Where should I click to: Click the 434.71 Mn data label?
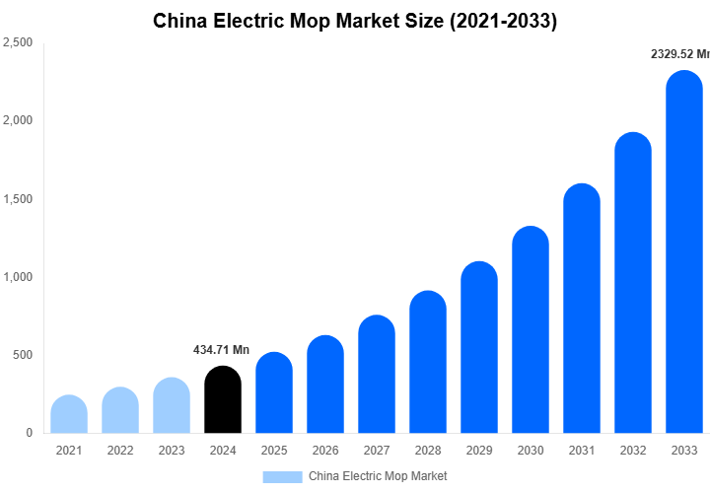[x=221, y=350]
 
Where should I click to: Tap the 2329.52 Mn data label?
[x=679, y=54]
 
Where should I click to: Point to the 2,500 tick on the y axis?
[x=17, y=42]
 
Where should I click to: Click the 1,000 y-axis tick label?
[x=17, y=277]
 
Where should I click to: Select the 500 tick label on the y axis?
[x=22, y=355]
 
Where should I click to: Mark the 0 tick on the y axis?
[x=29, y=433]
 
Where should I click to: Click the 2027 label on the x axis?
[x=376, y=451]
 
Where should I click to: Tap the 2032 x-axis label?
[x=632, y=451]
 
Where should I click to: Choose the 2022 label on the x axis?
[x=119, y=451]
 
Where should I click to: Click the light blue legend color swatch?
[x=282, y=476]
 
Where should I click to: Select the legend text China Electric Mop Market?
[x=378, y=476]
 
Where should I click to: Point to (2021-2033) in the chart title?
[x=503, y=21]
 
